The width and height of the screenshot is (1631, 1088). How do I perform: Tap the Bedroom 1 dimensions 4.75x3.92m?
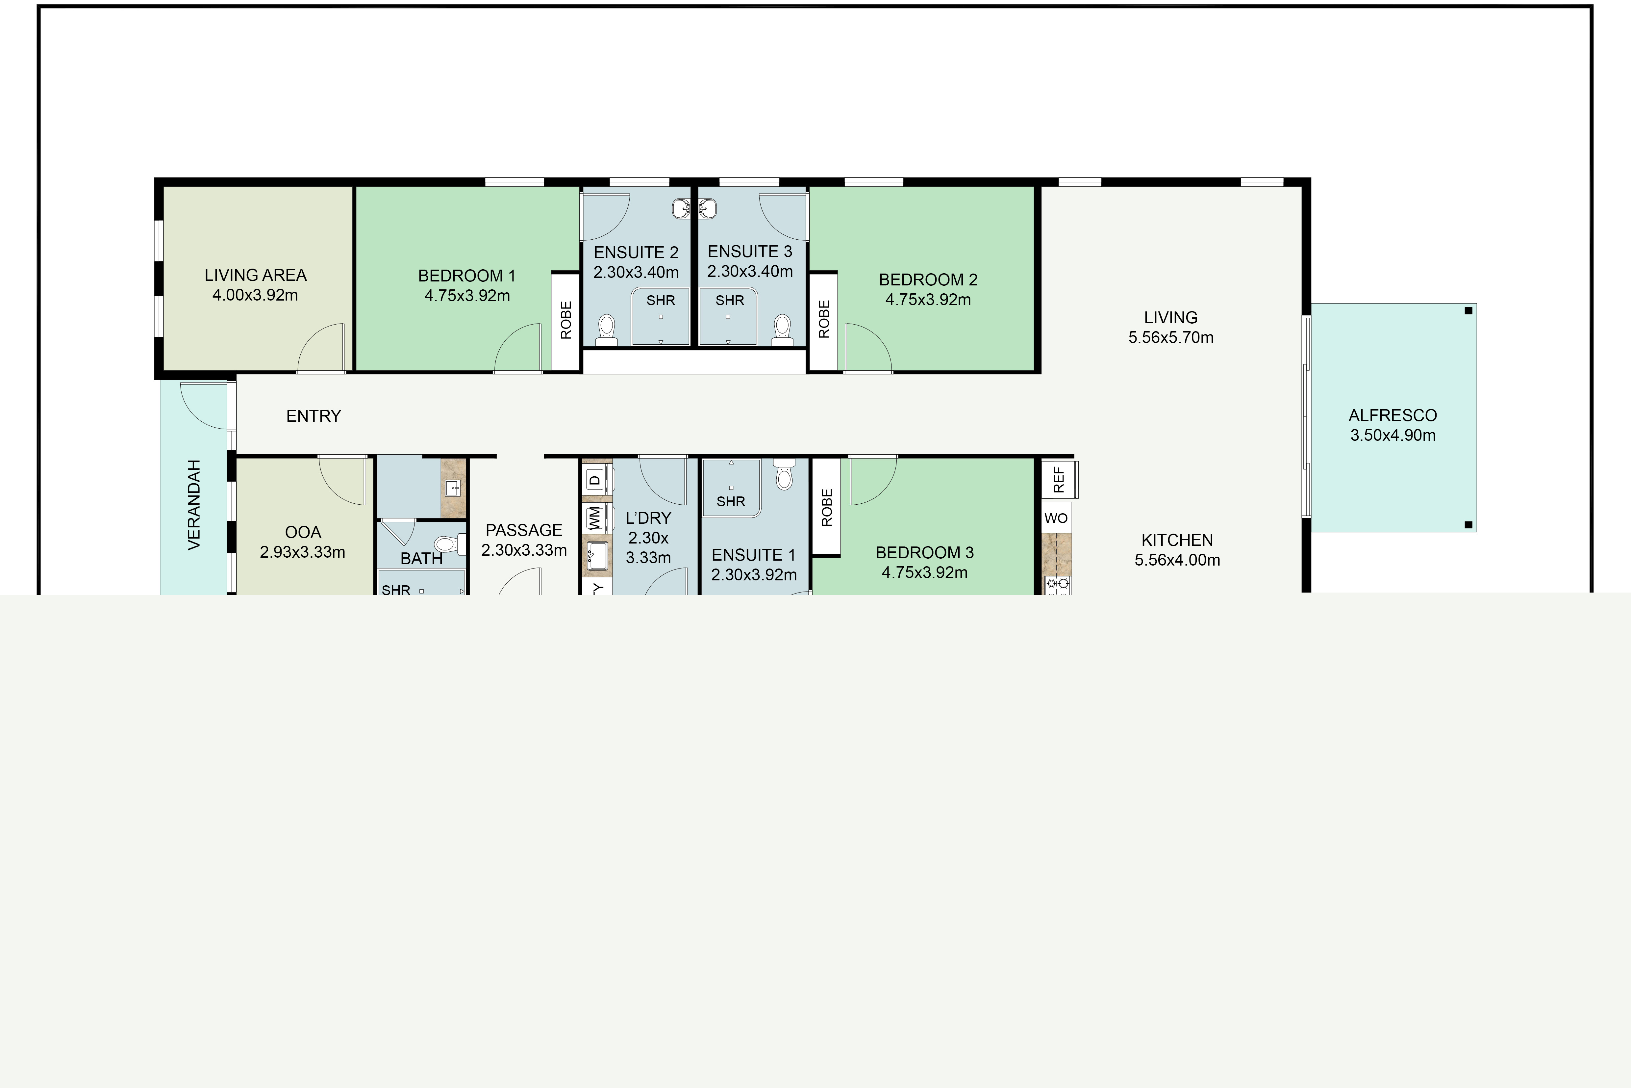click(467, 296)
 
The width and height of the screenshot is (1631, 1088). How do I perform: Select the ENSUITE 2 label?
click(636, 252)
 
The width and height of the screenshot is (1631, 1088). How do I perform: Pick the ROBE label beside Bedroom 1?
click(566, 320)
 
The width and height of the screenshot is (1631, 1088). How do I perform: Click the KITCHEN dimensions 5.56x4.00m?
click(1177, 560)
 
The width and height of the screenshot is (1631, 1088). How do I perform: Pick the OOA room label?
click(303, 532)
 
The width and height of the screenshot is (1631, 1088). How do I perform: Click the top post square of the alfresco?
click(1468, 311)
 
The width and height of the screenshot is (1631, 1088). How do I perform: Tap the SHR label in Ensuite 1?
click(731, 501)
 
